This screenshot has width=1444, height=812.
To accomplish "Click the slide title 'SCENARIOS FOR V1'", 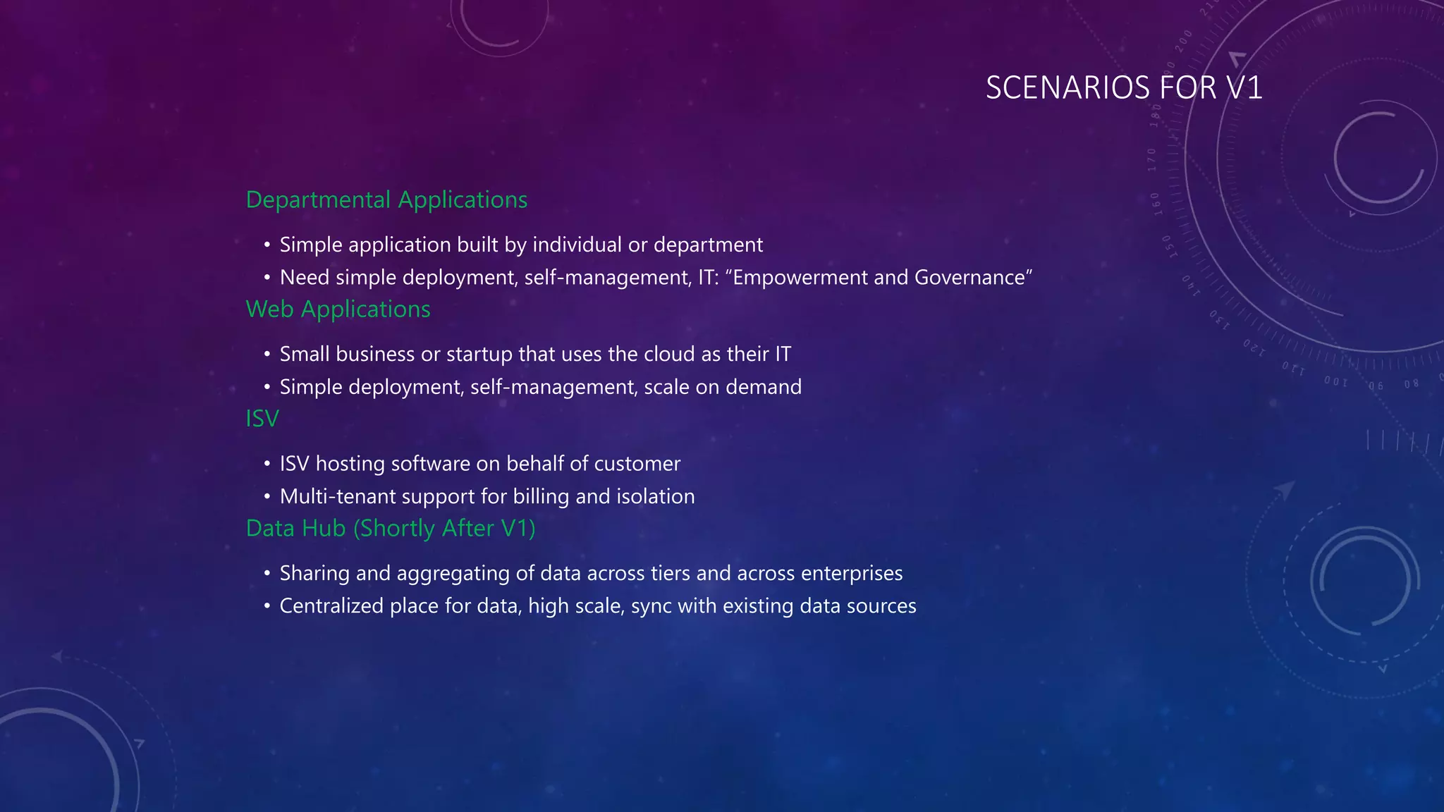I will pyautogui.click(x=1123, y=88).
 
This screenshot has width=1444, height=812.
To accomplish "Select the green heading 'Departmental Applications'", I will pyautogui.click(x=386, y=200).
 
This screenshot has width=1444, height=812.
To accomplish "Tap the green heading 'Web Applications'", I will pyautogui.click(x=338, y=309).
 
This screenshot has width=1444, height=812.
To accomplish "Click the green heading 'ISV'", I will pyautogui.click(x=262, y=419).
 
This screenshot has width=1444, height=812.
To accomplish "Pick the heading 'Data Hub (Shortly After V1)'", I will pyautogui.click(x=391, y=529).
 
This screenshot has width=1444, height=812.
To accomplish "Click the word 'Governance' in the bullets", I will pyautogui.click(x=969, y=278).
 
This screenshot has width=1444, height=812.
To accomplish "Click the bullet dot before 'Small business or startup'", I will pyautogui.click(x=267, y=354).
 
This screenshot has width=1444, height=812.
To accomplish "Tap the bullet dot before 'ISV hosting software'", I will pyautogui.click(x=267, y=464).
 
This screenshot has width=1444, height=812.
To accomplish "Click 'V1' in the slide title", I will pyautogui.click(x=1244, y=88).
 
